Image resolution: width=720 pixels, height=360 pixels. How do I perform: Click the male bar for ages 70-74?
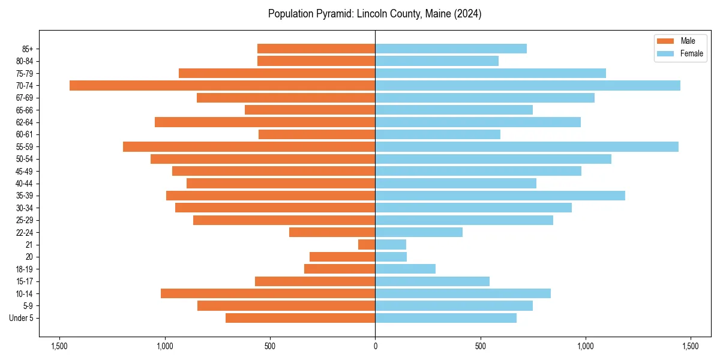tap(222, 85)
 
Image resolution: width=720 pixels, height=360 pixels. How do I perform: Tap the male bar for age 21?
tap(367, 244)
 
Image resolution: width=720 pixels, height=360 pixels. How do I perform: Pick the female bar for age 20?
tap(391, 257)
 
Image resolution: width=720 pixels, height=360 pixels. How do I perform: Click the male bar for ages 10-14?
tap(268, 293)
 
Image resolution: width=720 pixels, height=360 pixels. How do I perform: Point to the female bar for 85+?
tap(451, 49)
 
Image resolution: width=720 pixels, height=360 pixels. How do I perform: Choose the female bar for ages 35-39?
tap(500, 196)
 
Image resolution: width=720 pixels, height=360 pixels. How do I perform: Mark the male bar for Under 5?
tap(300, 318)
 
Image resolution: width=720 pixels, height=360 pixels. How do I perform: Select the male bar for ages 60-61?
tap(317, 134)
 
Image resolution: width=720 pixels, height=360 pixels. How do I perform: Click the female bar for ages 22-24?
tap(419, 232)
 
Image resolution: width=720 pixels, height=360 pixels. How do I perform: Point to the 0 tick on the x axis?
tap(375, 346)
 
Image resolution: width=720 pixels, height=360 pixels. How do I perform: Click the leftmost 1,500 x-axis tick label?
tap(59, 346)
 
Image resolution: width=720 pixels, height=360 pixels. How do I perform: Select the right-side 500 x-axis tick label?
tap(480, 346)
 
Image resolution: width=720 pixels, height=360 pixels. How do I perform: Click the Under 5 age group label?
tap(21, 318)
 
